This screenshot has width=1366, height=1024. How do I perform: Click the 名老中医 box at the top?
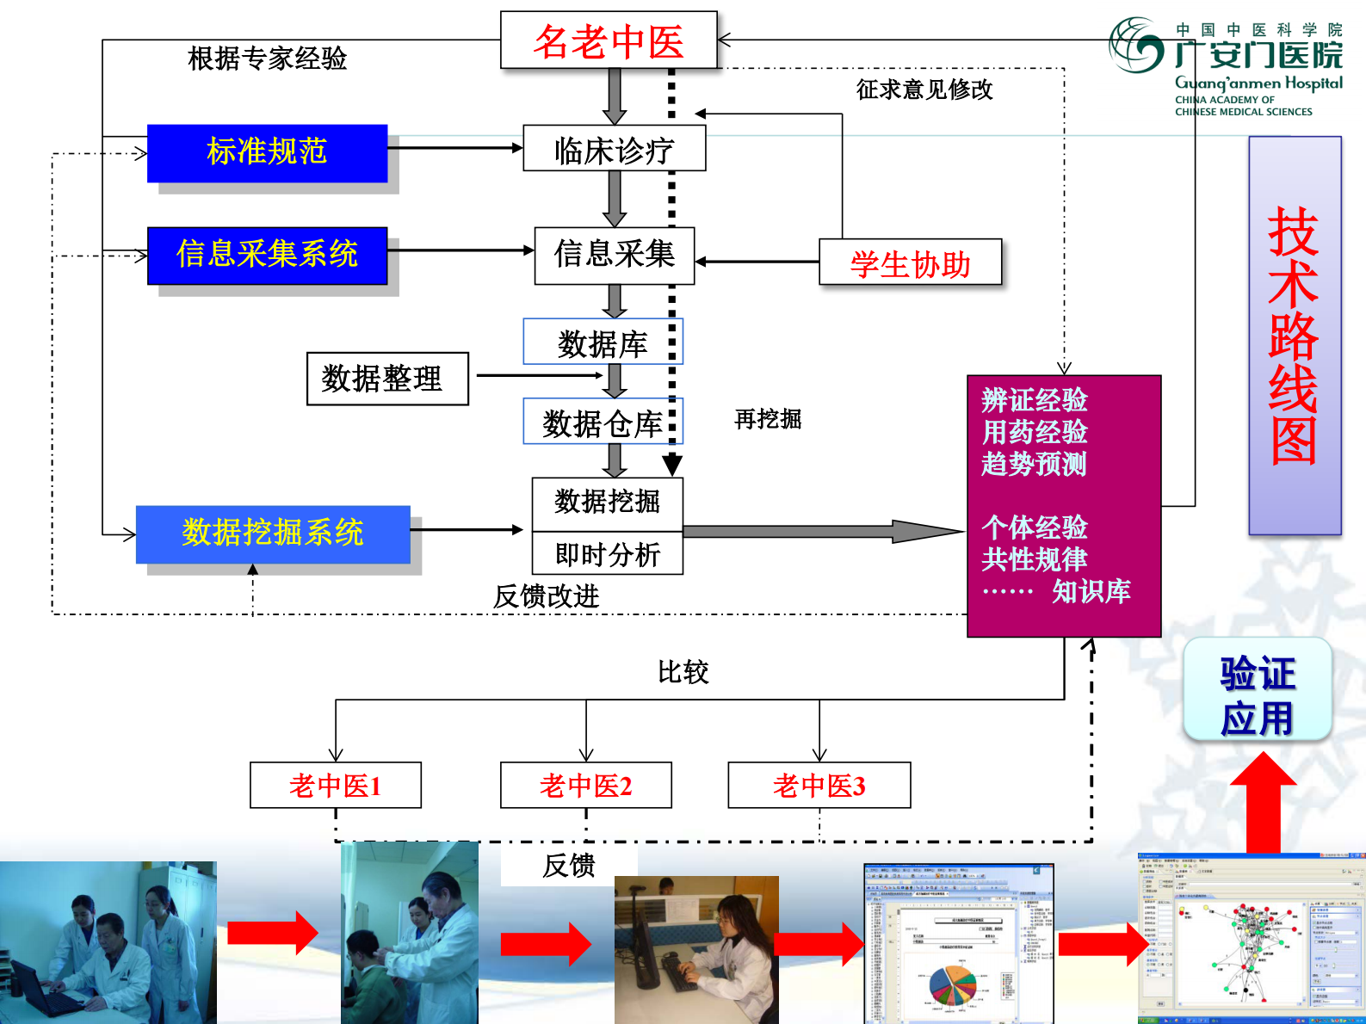click(608, 40)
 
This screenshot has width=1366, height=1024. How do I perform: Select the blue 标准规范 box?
click(267, 152)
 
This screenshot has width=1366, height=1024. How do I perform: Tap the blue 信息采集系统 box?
click(267, 255)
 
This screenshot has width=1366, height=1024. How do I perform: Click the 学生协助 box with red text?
click(910, 262)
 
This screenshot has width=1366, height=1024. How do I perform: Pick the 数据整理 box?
click(386, 379)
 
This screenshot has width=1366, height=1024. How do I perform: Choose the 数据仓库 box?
click(602, 422)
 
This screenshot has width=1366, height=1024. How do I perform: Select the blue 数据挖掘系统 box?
click(272, 534)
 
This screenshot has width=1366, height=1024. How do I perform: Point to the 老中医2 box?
click(585, 785)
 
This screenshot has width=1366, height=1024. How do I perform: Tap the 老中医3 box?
click(819, 785)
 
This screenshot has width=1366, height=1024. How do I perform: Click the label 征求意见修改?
click(924, 89)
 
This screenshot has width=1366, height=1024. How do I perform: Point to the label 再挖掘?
click(767, 419)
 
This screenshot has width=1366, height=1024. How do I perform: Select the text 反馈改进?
click(546, 595)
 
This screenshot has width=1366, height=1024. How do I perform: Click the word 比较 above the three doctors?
click(683, 672)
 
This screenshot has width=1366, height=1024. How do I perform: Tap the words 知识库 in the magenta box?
click(1091, 591)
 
